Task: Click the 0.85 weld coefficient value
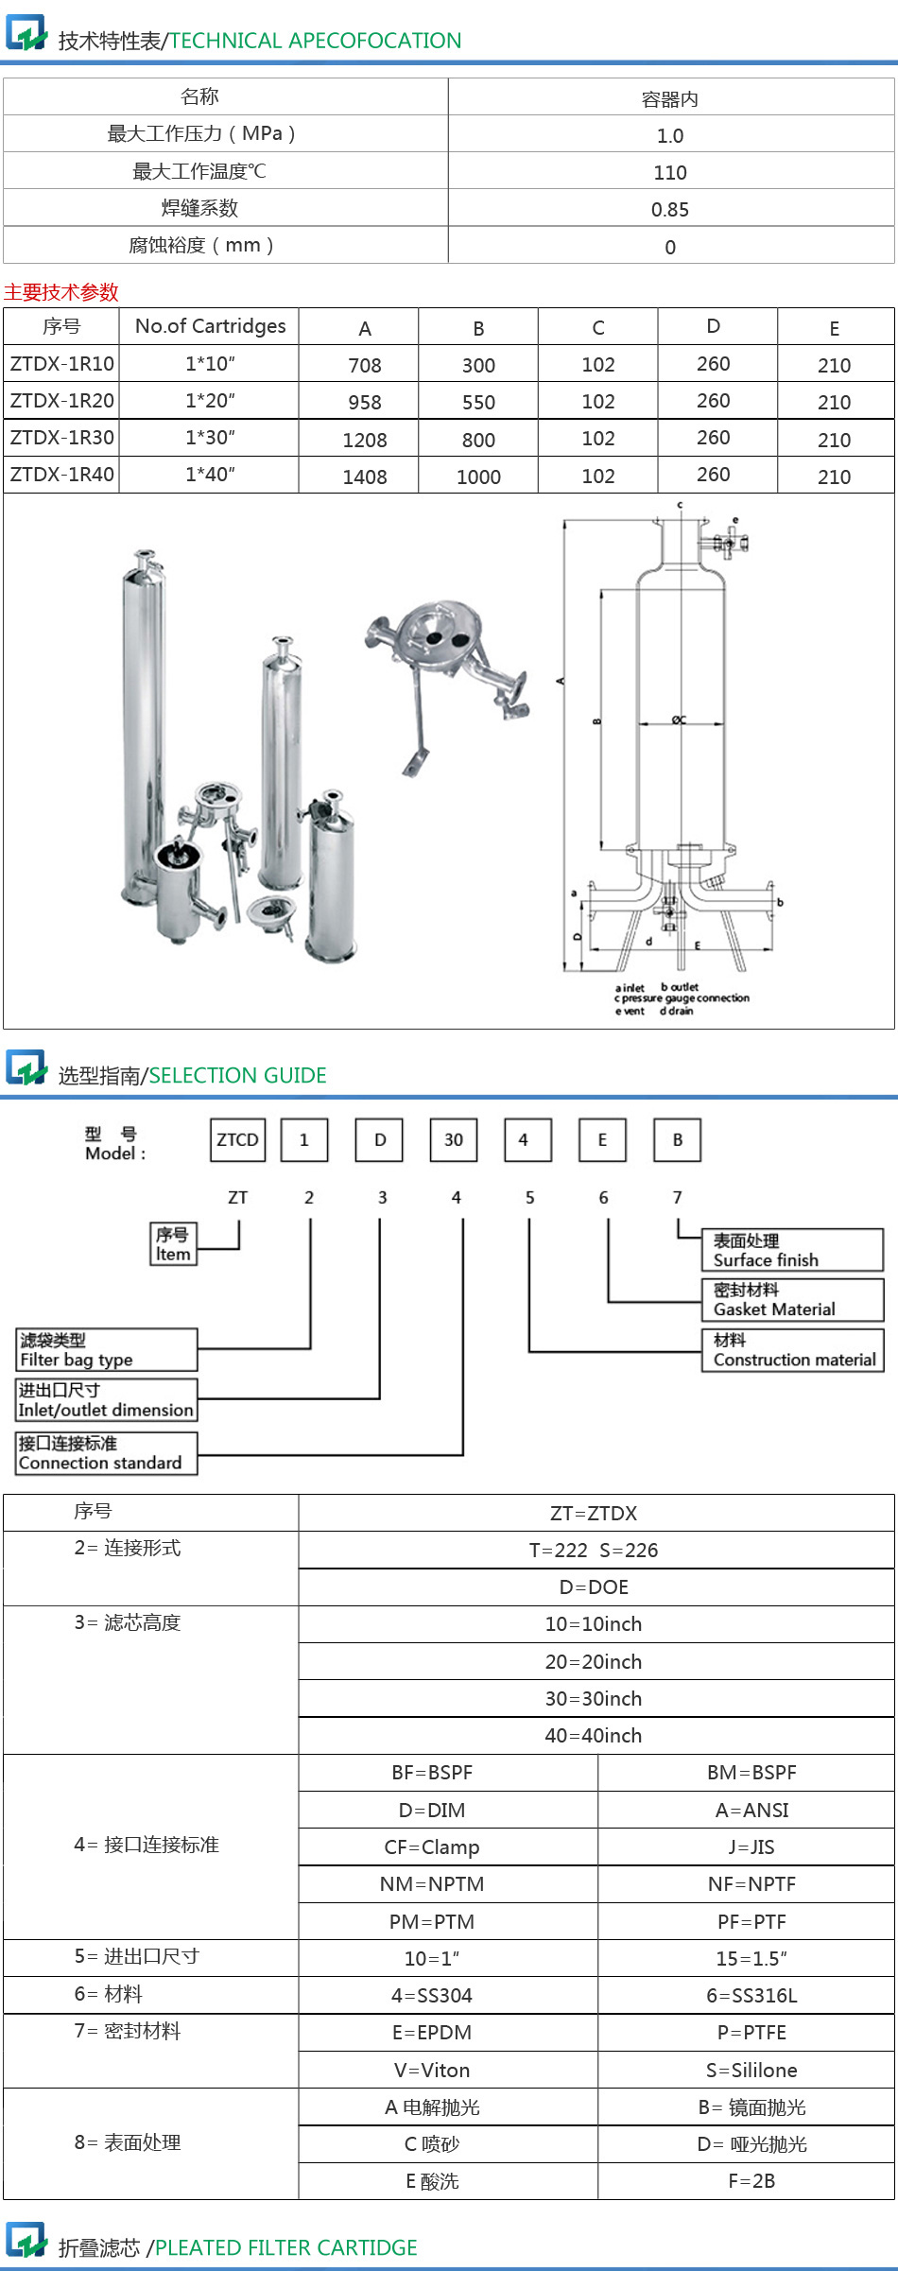669,210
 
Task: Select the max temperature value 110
669,173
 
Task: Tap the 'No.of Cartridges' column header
210,326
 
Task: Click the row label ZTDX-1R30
61,438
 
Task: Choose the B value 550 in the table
478,403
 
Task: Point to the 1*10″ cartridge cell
210,364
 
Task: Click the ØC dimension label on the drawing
679,719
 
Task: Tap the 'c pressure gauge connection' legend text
682,998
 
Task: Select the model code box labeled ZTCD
237,1140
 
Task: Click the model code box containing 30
454,1140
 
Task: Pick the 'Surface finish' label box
792,1250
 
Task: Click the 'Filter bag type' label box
106,1350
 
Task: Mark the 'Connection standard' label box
106,1453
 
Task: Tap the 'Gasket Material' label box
792,1300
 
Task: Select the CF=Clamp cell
432,1847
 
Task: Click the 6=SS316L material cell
751,1996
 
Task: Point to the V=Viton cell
432,2071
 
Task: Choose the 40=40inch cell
594,1736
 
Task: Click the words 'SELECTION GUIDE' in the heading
237,1076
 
